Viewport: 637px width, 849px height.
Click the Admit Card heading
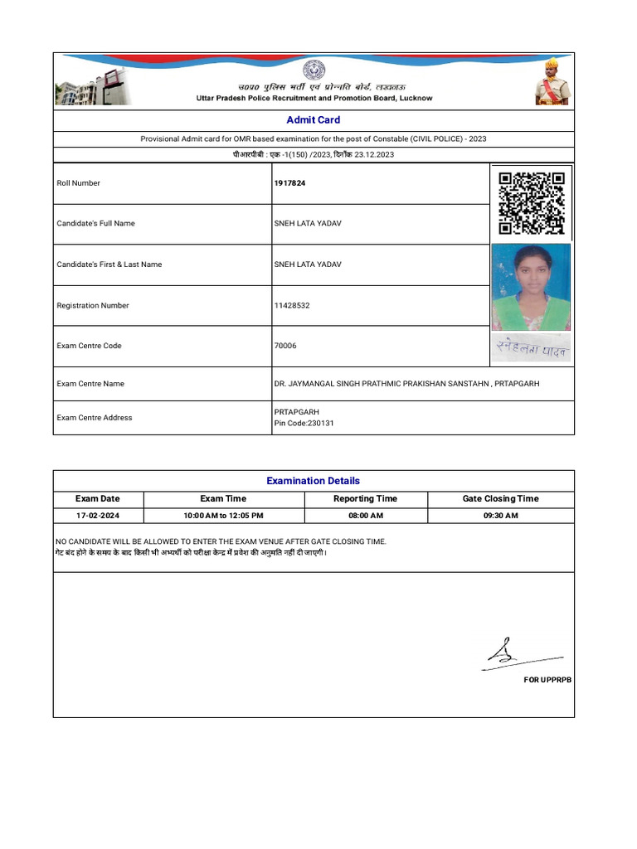point(314,120)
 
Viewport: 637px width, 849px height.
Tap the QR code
point(532,203)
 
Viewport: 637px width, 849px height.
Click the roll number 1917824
point(289,183)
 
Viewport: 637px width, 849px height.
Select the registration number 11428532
point(292,306)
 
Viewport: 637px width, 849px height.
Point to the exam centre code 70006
point(284,346)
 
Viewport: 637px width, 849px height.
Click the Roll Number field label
point(78,183)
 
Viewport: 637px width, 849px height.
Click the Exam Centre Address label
point(94,418)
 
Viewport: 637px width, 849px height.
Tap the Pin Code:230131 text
point(304,424)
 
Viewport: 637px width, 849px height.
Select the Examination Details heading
point(314,481)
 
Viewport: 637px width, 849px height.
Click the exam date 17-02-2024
point(98,516)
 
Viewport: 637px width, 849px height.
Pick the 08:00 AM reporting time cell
point(365,516)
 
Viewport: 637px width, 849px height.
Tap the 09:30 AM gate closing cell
point(500,516)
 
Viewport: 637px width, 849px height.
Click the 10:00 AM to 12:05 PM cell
point(223,516)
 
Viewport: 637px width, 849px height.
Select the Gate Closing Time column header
point(500,499)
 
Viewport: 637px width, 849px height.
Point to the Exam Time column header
point(223,499)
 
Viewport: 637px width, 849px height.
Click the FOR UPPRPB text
point(547,680)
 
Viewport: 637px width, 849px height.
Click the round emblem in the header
point(314,70)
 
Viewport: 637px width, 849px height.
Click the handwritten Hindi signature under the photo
point(532,349)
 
